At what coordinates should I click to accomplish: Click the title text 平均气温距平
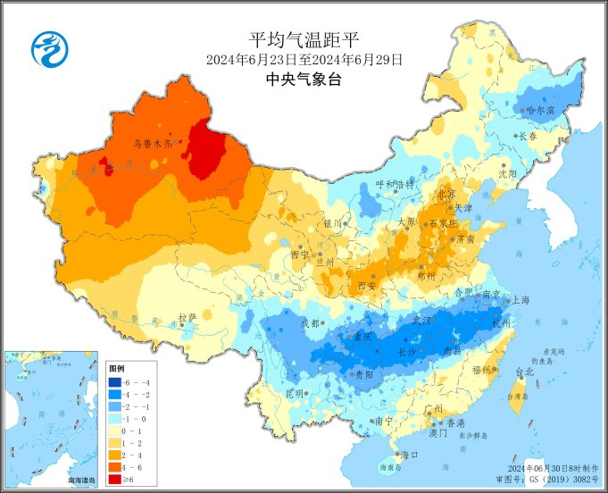point(304,39)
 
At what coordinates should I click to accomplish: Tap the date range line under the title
point(304,60)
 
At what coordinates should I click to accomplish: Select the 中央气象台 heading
point(304,79)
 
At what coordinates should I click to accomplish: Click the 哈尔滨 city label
point(540,111)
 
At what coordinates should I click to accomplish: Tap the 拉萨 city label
point(187,316)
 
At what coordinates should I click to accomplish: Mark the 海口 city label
point(409,455)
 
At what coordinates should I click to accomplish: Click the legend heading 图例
point(116,368)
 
